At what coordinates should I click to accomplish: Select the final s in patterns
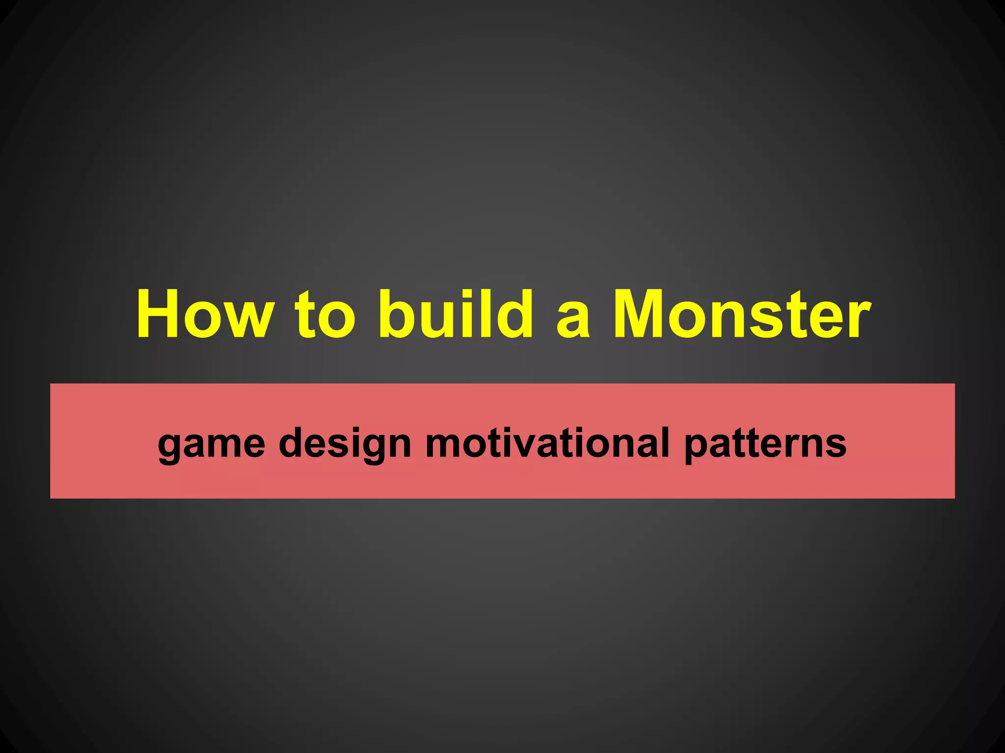(x=836, y=445)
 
